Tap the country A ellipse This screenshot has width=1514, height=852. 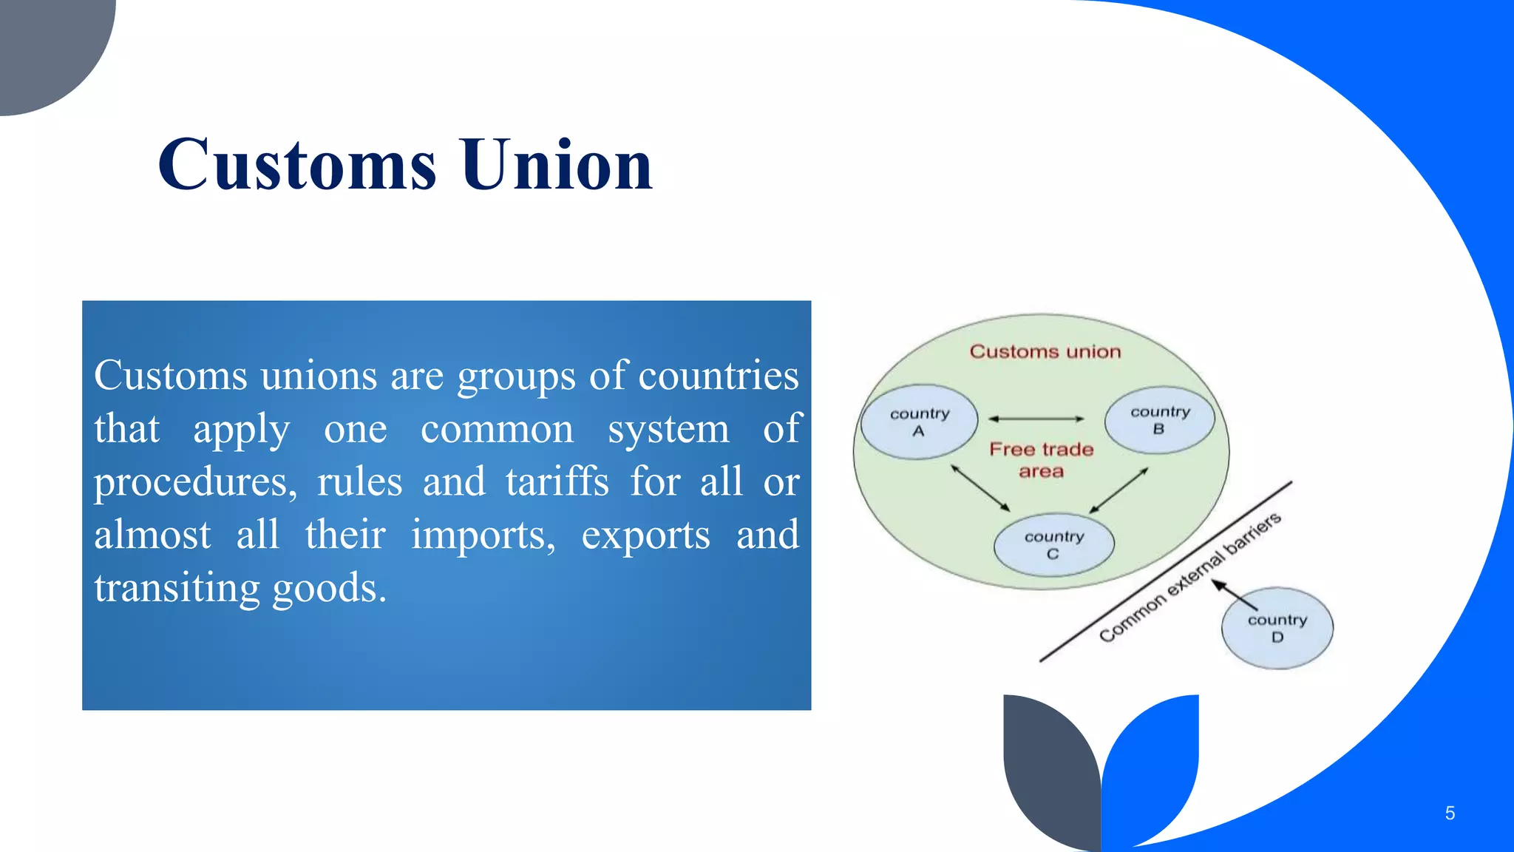(x=919, y=422)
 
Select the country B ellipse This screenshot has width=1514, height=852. (x=1159, y=420)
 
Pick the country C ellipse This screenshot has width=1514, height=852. (x=1053, y=545)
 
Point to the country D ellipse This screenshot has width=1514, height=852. (x=1277, y=629)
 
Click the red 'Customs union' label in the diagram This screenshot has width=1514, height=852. (x=1045, y=352)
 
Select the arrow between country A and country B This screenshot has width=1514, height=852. (x=1036, y=419)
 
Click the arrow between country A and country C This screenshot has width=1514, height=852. (x=980, y=488)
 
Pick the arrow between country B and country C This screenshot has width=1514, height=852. (x=1118, y=490)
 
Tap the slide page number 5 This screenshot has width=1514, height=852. (x=1450, y=814)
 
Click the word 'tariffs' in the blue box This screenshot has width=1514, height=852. (x=557, y=482)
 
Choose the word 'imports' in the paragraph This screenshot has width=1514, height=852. (x=482, y=535)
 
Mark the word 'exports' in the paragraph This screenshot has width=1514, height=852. (x=645, y=535)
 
